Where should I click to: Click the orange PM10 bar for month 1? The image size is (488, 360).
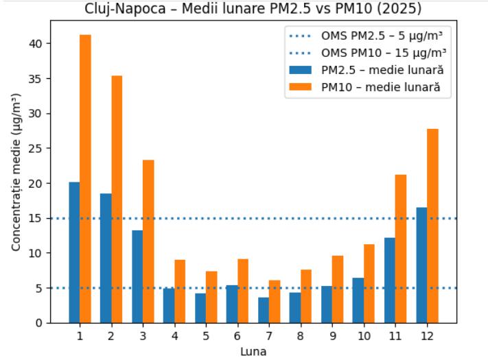(85, 178)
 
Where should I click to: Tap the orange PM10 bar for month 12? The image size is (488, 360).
(432, 226)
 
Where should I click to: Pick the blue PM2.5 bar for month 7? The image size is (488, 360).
(264, 310)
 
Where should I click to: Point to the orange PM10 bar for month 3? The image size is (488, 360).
(148, 241)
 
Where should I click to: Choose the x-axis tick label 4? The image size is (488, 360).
(174, 337)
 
